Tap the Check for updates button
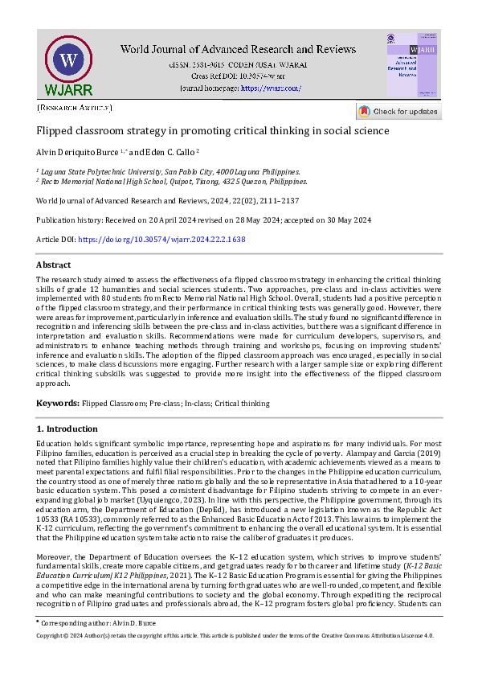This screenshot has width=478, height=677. (398, 112)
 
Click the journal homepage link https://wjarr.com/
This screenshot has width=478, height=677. (271, 88)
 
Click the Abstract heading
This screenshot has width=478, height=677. (54, 265)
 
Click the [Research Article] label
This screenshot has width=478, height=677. (75, 107)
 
